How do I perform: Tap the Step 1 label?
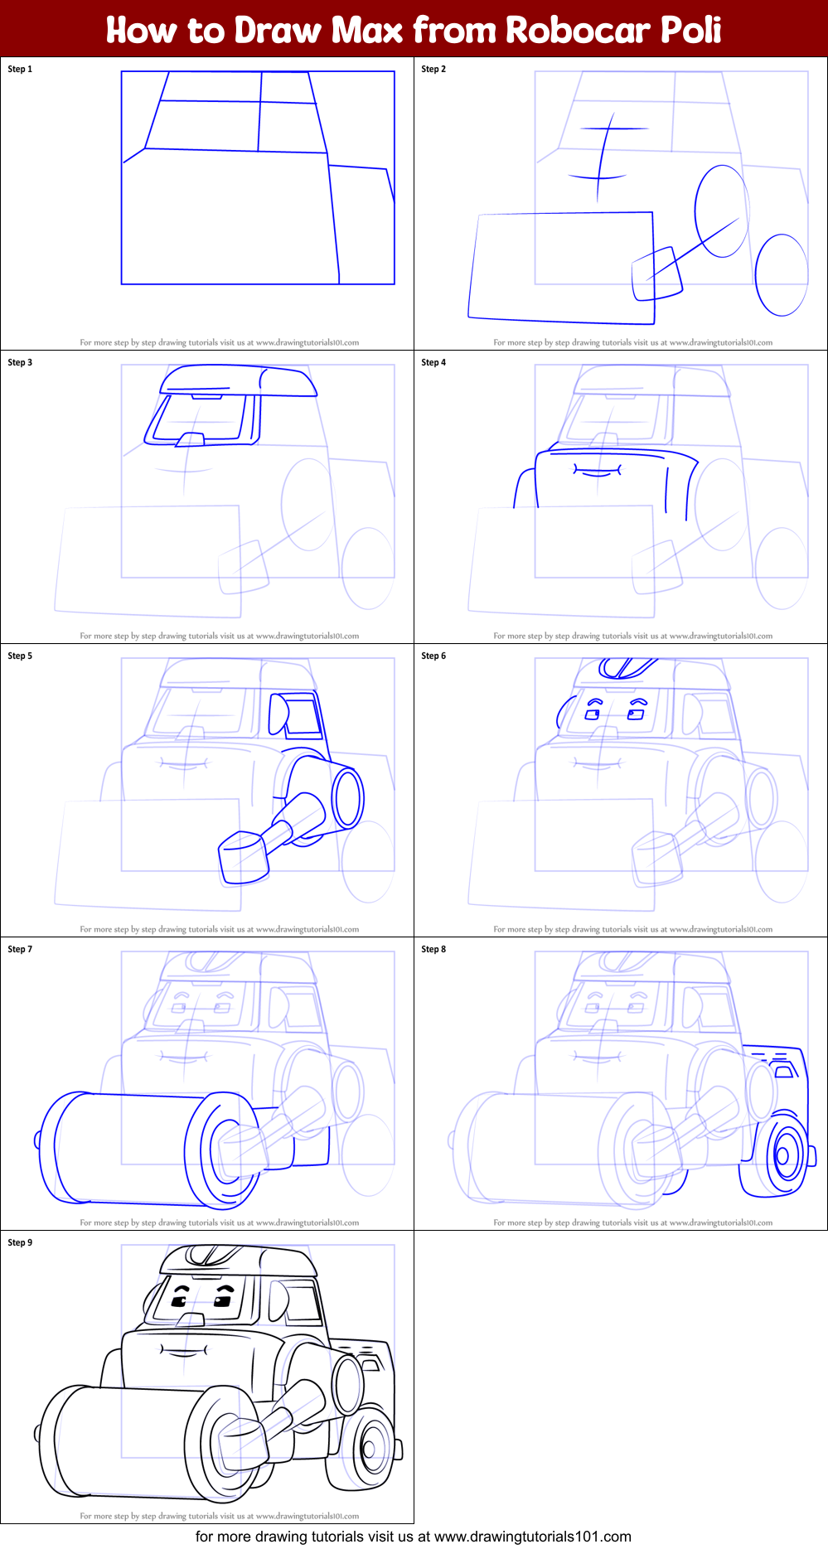click(x=20, y=69)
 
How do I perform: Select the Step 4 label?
click(x=433, y=362)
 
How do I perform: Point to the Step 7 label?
click(x=20, y=949)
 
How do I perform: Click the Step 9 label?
click(x=20, y=1242)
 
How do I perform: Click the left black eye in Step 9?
click(x=179, y=1302)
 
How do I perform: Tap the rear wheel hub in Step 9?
click(x=370, y=1449)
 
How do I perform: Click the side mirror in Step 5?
click(x=278, y=715)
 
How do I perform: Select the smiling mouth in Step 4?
click(x=597, y=472)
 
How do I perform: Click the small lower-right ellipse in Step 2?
click(x=781, y=274)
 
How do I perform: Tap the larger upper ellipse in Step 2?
click(x=720, y=211)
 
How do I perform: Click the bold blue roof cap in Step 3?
click(x=238, y=382)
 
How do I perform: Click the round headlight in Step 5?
click(x=347, y=798)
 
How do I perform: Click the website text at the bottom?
click(x=414, y=1537)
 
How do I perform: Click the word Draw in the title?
click(x=276, y=30)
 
